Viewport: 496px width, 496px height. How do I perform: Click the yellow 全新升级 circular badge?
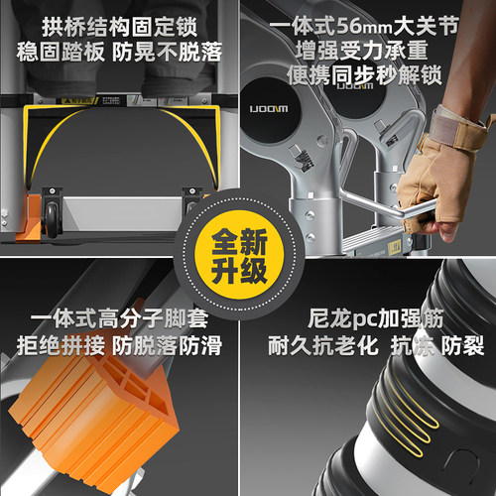(239, 256)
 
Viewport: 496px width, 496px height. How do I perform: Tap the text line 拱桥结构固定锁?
(119, 27)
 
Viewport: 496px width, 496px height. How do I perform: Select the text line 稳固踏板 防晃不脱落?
(119, 52)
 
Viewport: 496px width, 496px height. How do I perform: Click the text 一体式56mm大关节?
(364, 26)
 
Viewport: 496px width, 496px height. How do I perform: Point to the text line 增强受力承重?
(361, 51)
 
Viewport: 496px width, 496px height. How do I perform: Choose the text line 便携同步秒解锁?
(364, 75)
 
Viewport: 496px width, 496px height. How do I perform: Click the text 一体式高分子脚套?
(119, 318)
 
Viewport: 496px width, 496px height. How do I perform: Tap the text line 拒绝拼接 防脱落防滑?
(119, 345)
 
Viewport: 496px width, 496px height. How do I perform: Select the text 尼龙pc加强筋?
(375, 318)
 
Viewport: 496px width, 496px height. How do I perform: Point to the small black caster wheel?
(53, 219)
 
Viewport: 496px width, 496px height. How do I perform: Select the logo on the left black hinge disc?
(269, 109)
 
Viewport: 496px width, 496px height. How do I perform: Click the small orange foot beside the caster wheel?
(29, 217)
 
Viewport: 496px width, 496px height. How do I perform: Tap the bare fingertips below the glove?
(443, 229)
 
